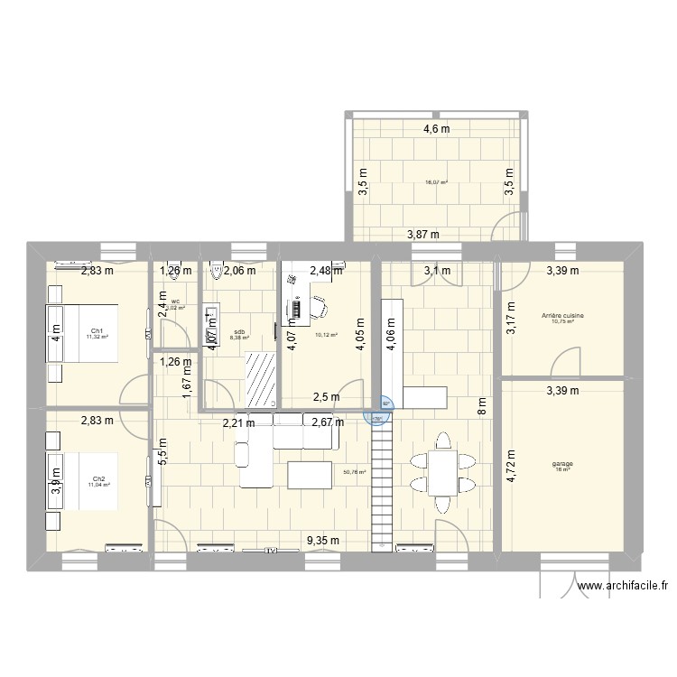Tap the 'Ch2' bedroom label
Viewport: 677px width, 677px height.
pos(97,479)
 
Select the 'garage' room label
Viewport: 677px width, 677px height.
pos(563,465)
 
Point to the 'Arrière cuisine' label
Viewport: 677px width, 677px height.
pos(562,315)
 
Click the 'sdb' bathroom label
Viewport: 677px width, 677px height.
pos(239,331)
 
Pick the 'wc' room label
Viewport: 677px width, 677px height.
pos(175,301)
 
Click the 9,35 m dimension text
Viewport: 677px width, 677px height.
pos(322,541)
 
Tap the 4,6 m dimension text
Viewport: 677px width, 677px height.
pos(437,129)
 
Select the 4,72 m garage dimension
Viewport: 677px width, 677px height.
pos(512,468)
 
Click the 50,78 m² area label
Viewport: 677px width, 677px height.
pos(355,471)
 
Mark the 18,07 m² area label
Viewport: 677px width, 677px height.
pos(437,181)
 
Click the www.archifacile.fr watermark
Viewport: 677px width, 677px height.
pos(624,586)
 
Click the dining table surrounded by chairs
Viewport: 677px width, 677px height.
pos(442,472)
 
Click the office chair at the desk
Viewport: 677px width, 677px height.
pos(321,309)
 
